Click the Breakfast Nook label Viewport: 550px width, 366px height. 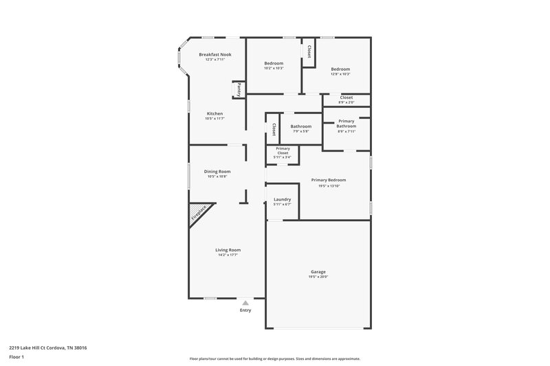point(214,54)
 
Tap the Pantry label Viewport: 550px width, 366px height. point(239,89)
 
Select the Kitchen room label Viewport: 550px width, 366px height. point(214,113)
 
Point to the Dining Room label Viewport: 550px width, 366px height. point(217,171)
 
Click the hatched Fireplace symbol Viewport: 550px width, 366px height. point(199,214)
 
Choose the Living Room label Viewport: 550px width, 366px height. point(229,250)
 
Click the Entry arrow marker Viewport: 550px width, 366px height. point(245,302)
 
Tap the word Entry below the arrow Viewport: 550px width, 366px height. point(245,310)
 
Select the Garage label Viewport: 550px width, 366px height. point(318,272)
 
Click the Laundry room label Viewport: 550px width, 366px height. point(282,199)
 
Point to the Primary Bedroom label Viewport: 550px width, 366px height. point(329,180)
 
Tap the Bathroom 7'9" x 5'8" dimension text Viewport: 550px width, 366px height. point(300,132)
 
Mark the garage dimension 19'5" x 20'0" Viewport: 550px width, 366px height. point(318,277)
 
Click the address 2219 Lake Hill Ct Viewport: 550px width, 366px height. point(48,347)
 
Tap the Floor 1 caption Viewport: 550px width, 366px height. point(17,357)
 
